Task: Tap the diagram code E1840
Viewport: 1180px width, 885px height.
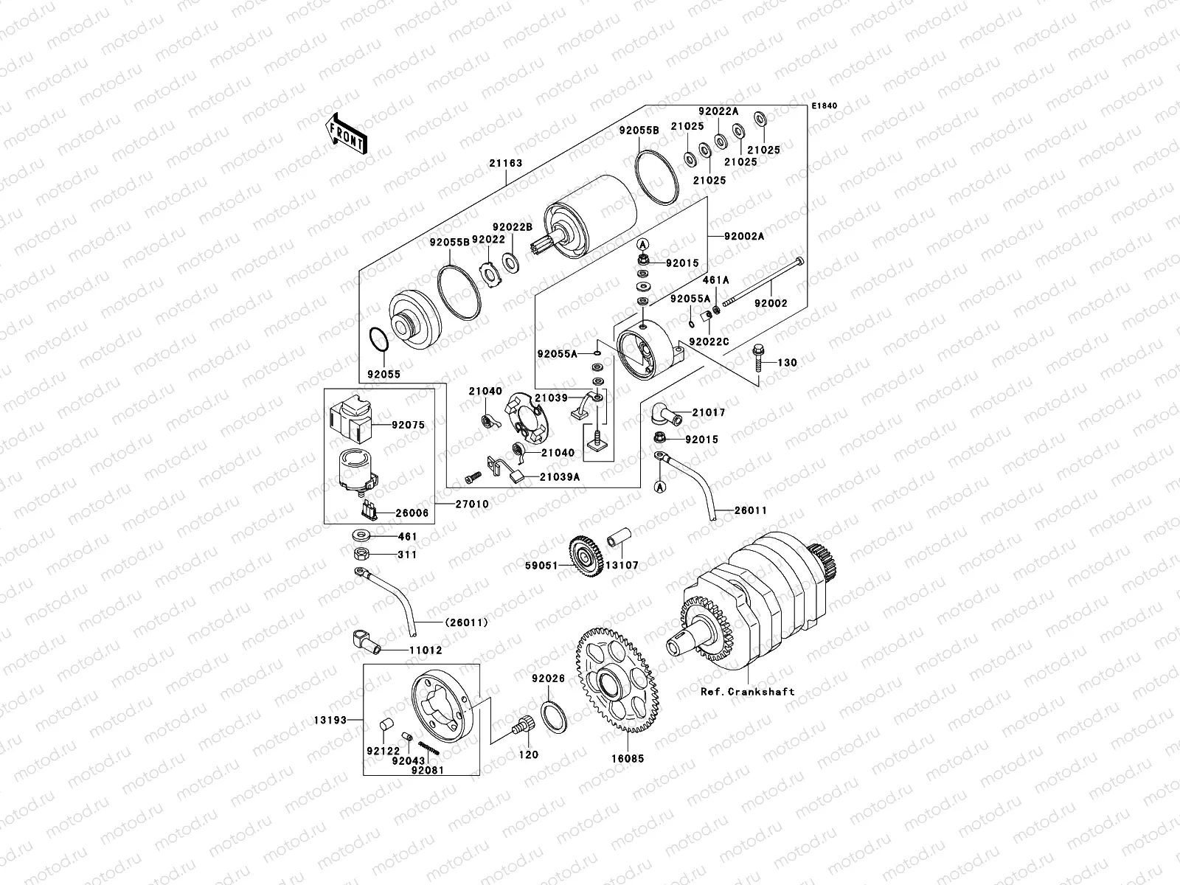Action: coord(825,106)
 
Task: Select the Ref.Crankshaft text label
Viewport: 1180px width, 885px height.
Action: coord(748,692)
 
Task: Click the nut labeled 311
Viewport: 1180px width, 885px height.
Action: coord(362,555)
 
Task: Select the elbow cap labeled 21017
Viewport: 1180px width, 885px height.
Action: coord(663,414)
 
